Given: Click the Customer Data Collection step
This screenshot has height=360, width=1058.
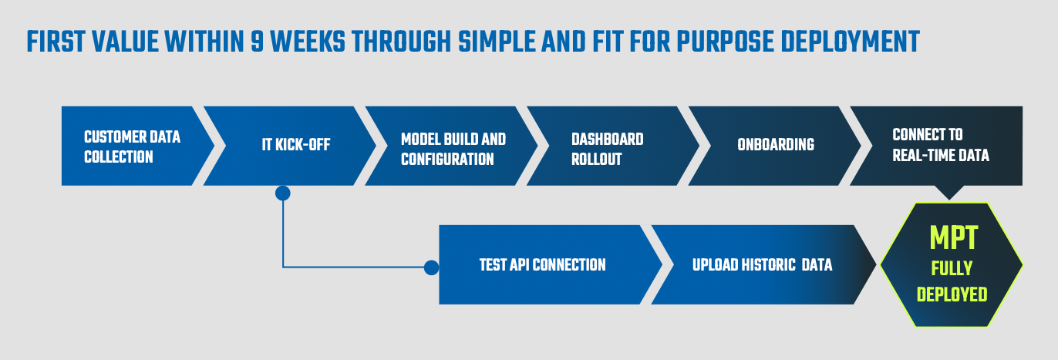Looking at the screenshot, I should click(132, 146).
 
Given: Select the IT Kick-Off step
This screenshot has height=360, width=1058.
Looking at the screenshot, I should click(296, 145).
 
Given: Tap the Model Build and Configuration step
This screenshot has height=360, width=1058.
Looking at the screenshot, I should click(453, 149).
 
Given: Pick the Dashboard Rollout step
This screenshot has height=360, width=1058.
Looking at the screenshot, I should click(608, 149).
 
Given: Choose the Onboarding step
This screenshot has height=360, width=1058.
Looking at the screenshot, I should click(775, 145).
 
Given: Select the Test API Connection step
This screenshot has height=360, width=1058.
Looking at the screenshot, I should click(542, 264).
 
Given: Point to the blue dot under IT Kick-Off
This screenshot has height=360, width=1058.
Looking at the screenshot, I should click(283, 193).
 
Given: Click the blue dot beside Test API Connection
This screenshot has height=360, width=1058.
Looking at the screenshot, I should click(431, 267).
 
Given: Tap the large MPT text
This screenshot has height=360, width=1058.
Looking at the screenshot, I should click(953, 239).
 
